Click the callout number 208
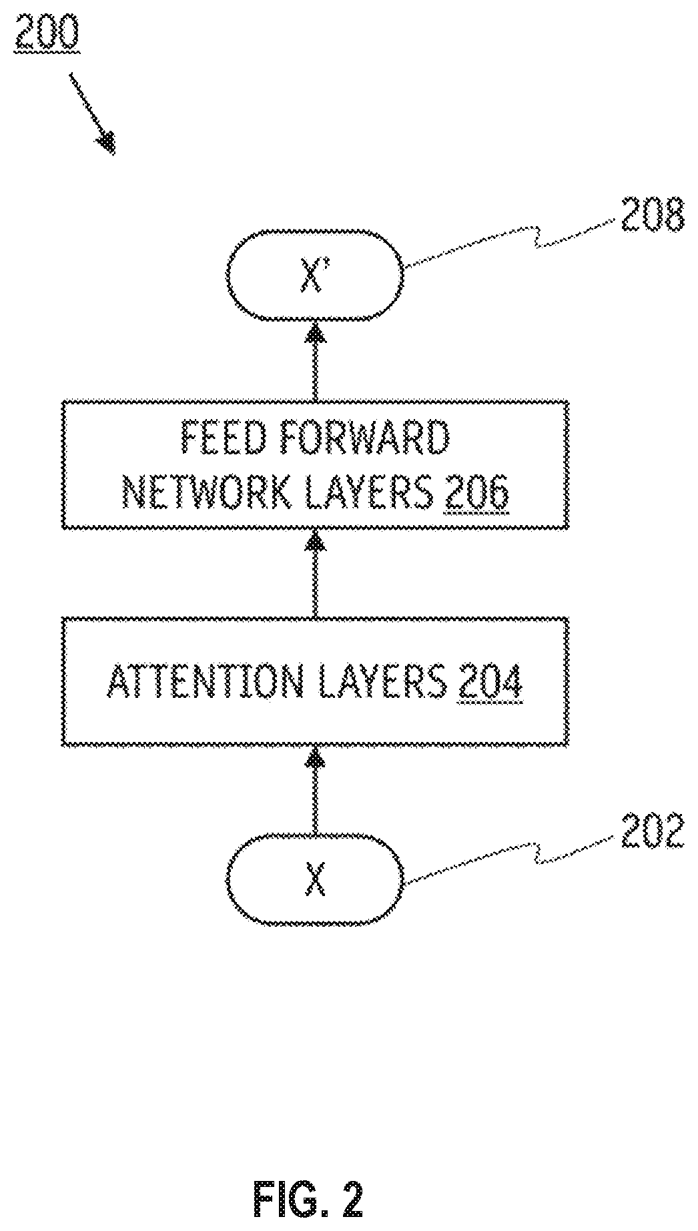pyautogui.click(x=652, y=216)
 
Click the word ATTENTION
pyautogui.click(x=204, y=682)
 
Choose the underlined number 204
pyautogui.click(x=490, y=682)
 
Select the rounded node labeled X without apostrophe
pyautogui.click(x=315, y=879)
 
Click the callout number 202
pyautogui.click(x=652, y=831)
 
